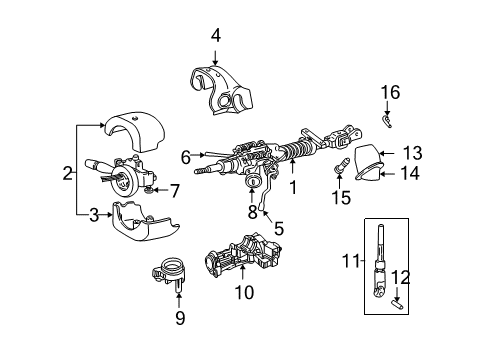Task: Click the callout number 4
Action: [215, 37]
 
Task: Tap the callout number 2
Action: [68, 173]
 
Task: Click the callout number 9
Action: [179, 319]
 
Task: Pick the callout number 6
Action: [186, 156]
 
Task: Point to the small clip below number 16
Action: [386, 121]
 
